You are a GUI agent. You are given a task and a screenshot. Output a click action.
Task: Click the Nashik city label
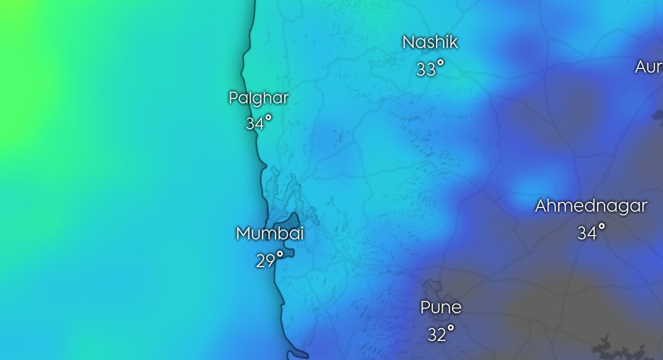[x=430, y=42]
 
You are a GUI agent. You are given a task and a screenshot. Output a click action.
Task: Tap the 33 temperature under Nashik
[x=426, y=70]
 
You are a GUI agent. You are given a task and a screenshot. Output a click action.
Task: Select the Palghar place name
[x=258, y=97]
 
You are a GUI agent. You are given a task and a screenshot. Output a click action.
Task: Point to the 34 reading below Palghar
[x=255, y=124]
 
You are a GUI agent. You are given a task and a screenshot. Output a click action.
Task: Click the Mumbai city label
[x=270, y=234]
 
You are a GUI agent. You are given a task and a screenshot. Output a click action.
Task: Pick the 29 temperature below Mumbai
[x=265, y=262]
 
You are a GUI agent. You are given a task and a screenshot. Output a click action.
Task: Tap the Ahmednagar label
[x=590, y=206]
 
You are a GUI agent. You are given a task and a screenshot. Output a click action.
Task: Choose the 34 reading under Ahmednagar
[x=587, y=233]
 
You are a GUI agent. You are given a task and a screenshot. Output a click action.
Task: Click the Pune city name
[x=440, y=307]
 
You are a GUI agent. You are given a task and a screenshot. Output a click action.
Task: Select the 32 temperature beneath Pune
[x=436, y=335]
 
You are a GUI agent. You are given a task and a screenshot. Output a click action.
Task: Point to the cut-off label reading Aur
[x=649, y=67]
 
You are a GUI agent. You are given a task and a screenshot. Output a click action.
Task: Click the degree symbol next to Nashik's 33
[x=440, y=63]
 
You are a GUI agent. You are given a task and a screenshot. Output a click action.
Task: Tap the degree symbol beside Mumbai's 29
[x=280, y=254]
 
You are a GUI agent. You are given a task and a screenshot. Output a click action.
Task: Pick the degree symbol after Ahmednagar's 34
[x=601, y=226]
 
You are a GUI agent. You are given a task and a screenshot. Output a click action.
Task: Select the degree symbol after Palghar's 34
[x=268, y=117]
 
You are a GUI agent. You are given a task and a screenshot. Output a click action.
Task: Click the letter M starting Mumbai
[x=243, y=234]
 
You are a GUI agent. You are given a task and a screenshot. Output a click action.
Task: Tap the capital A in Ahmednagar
[x=541, y=206]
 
